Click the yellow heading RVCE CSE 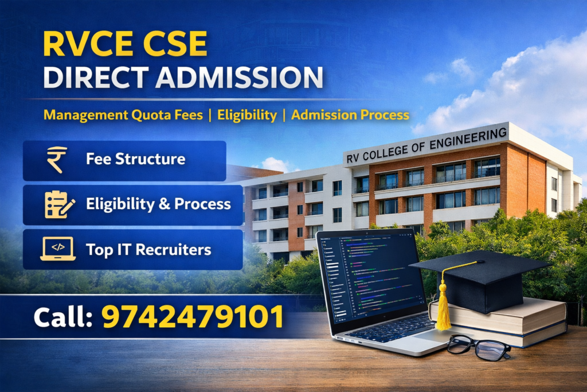tap(125, 44)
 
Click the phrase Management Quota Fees tap(123, 115)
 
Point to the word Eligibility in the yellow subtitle tap(246, 115)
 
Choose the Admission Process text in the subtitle tap(350, 115)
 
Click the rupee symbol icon tap(57, 160)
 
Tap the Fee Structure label tap(135, 159)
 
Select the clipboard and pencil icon tap(59, 204)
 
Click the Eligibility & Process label tap(158, 204)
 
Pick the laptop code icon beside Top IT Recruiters tap(58, 249)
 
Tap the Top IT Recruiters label tap(148, 250)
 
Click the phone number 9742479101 tap(193, 317)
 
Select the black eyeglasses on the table tap(478, 347)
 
